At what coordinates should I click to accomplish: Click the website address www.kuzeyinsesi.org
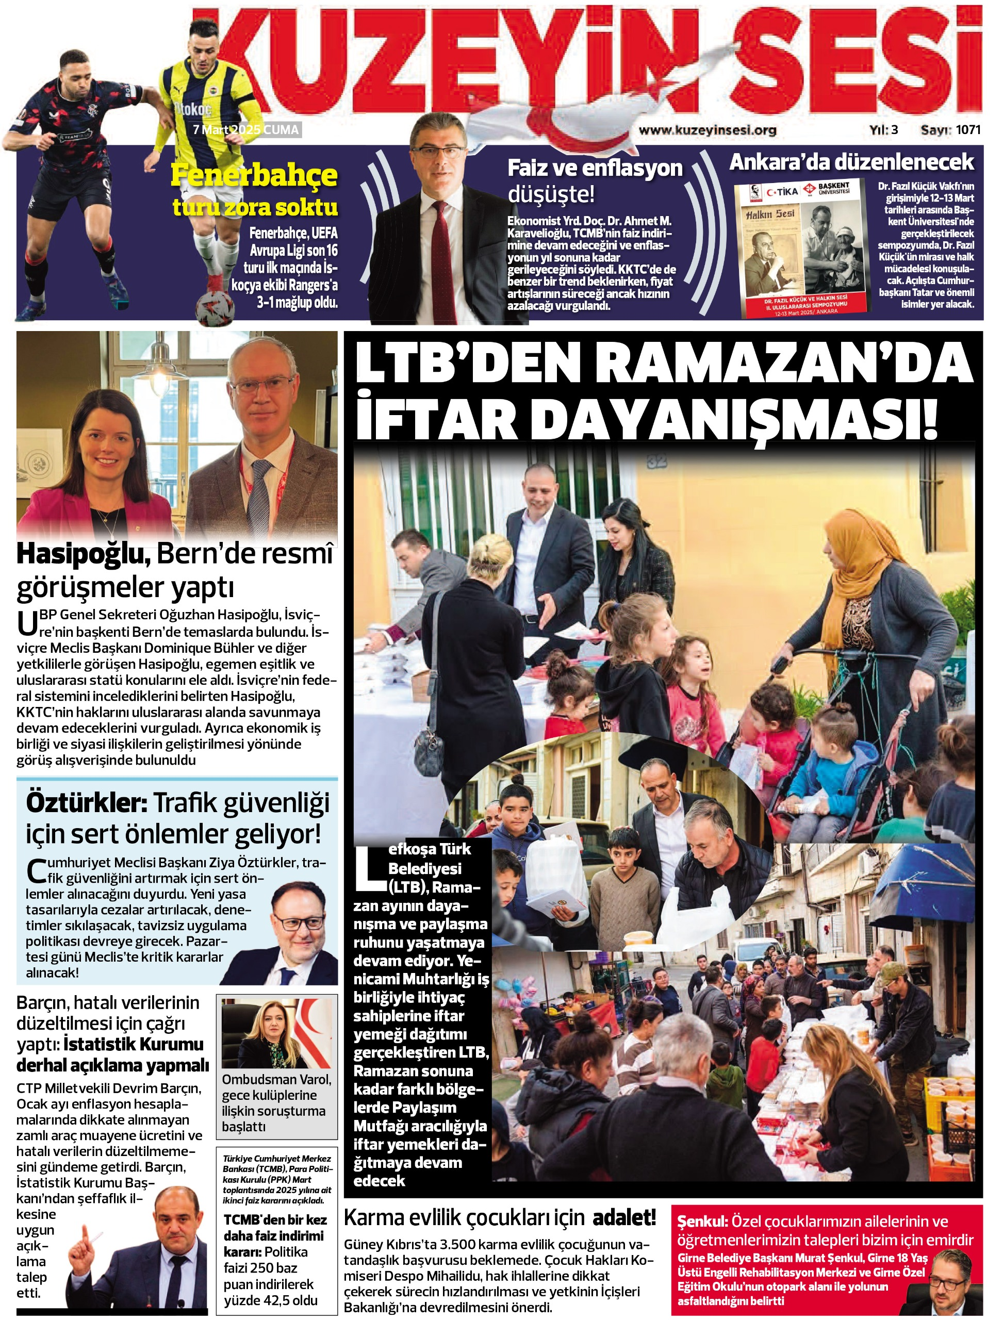pyautogui.click(x=708, y=130)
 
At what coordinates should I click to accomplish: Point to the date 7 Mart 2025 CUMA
pyautogui.click(x=245, y=129)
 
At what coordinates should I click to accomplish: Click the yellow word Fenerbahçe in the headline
pyautogui.click(x=254, y=175)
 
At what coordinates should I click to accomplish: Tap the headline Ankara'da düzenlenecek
pyautogui.click(x=851, y=162)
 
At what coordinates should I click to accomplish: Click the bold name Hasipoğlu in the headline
pyautogui.click(x=83, y=555)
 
